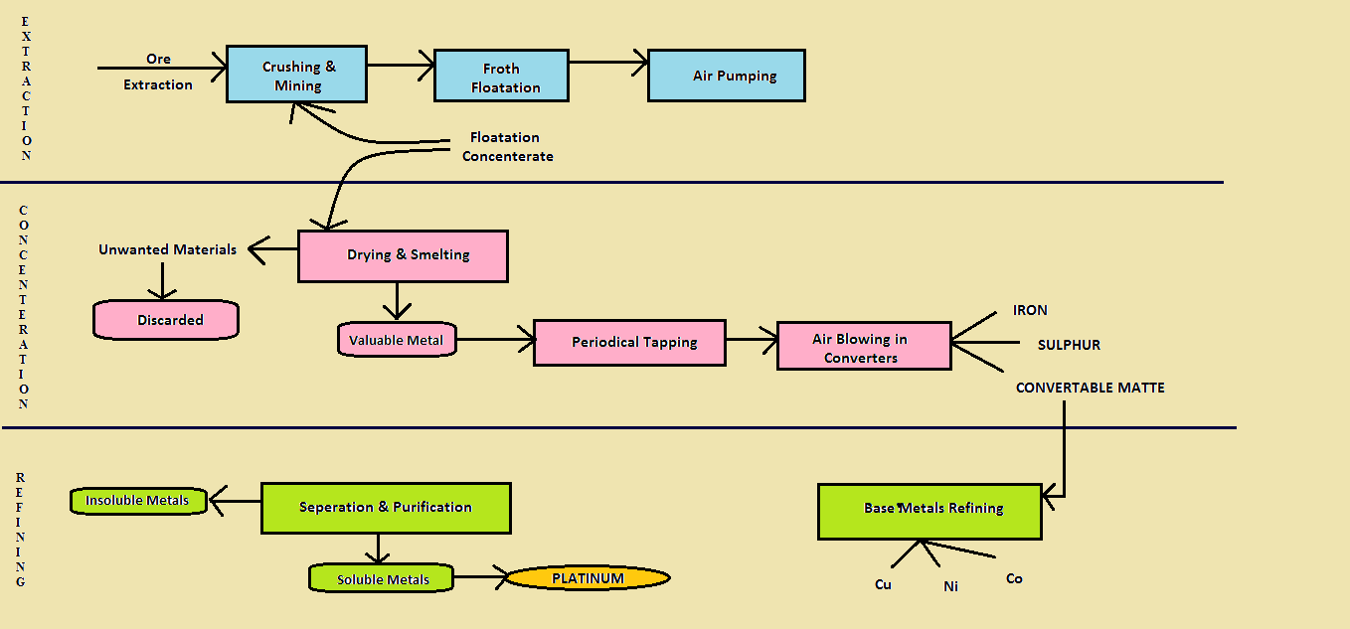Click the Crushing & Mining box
297,75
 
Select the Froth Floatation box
502,77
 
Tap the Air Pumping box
726,76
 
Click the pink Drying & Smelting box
403,255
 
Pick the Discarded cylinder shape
166,320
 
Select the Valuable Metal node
396,340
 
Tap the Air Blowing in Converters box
863,347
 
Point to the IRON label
1030,310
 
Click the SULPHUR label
1069,345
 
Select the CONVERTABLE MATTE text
1090,388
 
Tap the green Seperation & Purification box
385,508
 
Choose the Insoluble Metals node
138,501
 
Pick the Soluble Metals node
382,578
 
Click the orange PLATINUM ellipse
588,578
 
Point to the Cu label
883,584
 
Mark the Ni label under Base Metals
950,586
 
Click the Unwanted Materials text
167,249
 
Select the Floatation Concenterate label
507,147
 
